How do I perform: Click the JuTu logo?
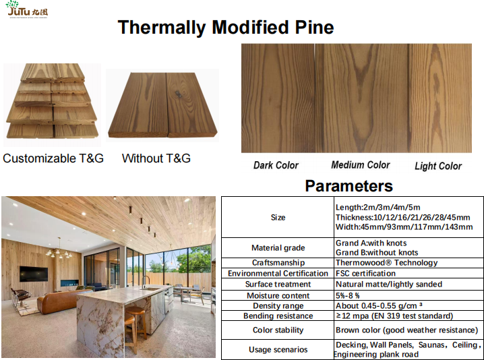tap(27, 9)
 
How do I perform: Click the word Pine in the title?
tap(315, 27)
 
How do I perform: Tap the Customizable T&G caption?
tap(53, 158)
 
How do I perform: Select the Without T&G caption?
tap(156, 158)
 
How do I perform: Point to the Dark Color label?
tap(276, 165)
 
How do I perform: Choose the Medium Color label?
tap(361, 165)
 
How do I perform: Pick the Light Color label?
tap(438, 166)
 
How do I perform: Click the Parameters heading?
tap(349, 186)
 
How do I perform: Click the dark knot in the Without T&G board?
tap(179, 94)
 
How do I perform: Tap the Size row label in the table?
tap(278, 217)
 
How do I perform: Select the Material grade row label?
tap(278, 247)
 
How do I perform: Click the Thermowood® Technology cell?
tap(386, 263)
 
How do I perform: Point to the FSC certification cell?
tap(365, 273)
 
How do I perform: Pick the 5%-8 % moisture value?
tap(348, 295)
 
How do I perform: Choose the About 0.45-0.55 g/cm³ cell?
tap(379, 305)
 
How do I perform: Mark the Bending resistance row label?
tap(278, 316)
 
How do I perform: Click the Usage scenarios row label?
tap(278, 349)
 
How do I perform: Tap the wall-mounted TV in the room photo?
tap(34, 274)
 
